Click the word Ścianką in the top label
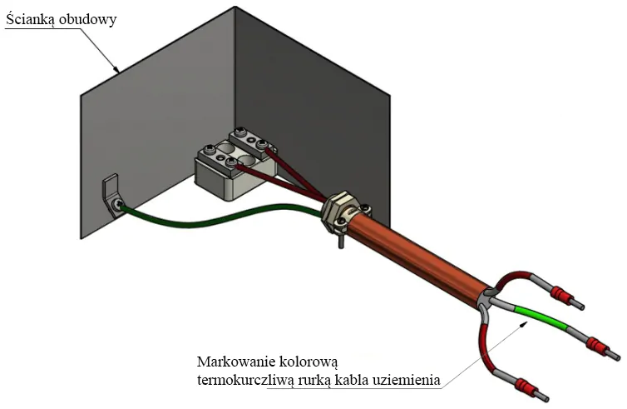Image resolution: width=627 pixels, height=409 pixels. click(29, 19)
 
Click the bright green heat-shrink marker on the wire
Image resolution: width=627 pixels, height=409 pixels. click(540, 317)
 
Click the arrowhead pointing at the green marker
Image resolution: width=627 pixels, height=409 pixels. click(521, 325)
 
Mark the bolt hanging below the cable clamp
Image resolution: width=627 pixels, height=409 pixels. click(340, 242)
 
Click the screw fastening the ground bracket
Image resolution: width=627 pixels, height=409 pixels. click(117, 204)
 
